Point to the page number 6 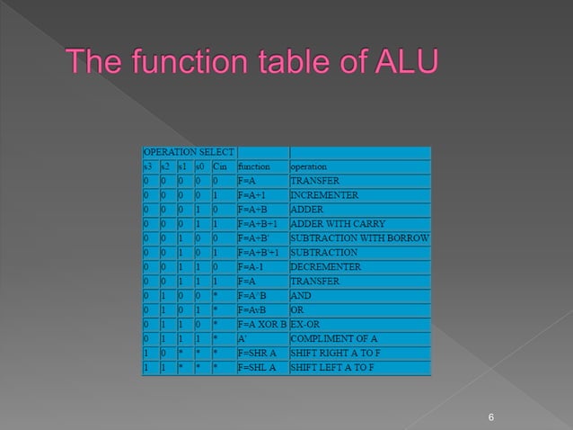(491, 417)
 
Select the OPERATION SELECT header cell (189, 152)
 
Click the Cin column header (221, 166)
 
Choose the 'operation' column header (308, 166)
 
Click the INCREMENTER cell (324, 195)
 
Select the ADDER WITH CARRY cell (338, 224)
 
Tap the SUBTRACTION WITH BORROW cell (359, 238)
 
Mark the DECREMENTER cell (325, 267)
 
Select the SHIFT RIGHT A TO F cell (333, 354)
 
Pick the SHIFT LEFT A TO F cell (331, 368)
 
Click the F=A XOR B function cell (261, 325)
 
